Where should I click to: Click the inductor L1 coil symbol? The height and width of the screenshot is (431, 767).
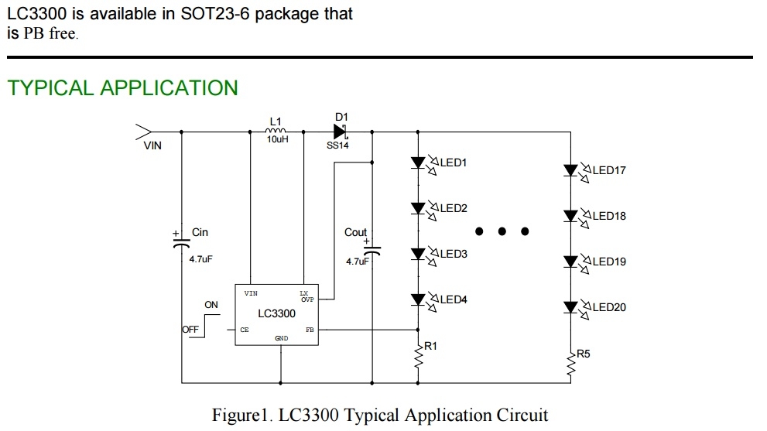tap(276, 131)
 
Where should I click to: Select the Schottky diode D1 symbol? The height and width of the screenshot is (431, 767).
tap(341, 132)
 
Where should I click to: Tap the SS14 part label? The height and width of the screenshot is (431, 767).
tap(337, 145)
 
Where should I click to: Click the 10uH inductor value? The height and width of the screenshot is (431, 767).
tap(277, 139)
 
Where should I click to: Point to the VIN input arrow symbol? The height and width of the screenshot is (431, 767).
tap(143, 132)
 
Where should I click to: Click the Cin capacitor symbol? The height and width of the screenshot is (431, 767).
tap(181, 243)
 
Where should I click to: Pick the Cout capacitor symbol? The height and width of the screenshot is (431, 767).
tap(372, 251)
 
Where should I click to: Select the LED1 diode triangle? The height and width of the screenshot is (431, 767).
tap(418, 163)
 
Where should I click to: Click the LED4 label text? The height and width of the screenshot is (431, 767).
tap(454, 299)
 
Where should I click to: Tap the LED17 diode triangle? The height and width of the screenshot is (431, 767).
tap(570, 171)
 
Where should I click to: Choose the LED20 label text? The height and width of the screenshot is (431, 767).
tap(609, 307)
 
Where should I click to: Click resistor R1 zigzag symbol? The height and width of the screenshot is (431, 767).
tap(418, 357)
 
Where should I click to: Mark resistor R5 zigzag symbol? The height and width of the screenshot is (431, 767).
tap(571, 364)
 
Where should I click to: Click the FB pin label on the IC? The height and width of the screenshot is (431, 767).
tap(310, 330)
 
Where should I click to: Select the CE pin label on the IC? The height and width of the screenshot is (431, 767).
tap(245, 330)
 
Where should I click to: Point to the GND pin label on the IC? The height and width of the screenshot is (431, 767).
tap(281, 338)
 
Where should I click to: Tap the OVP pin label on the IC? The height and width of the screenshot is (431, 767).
tap(307, 299)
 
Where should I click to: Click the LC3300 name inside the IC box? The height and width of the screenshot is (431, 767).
tap(277, 313)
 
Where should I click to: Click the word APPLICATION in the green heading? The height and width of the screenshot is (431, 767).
tap(169, 88)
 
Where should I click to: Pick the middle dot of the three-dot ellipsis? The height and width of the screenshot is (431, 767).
tap(502, 231)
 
